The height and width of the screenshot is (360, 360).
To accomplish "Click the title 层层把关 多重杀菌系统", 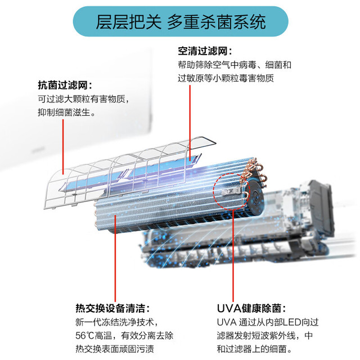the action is (x=181, y=22).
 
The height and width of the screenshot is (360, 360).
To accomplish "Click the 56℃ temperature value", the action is (x=85, y=336).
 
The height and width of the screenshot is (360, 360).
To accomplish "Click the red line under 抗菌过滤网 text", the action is (x=63, y=147).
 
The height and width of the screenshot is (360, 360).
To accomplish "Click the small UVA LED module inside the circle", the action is (x=231, y=191).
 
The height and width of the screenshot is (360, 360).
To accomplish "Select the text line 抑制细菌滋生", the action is (x=66, y=112).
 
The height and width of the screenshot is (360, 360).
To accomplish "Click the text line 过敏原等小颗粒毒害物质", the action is (x=226, y=78).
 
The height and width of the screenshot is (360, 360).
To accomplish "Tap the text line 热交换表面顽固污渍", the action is (x=115, y=349).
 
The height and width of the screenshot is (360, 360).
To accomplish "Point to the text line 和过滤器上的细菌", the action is (x=254, y=349).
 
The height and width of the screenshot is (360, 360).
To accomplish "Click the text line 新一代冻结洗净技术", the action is (x=117, y=322).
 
